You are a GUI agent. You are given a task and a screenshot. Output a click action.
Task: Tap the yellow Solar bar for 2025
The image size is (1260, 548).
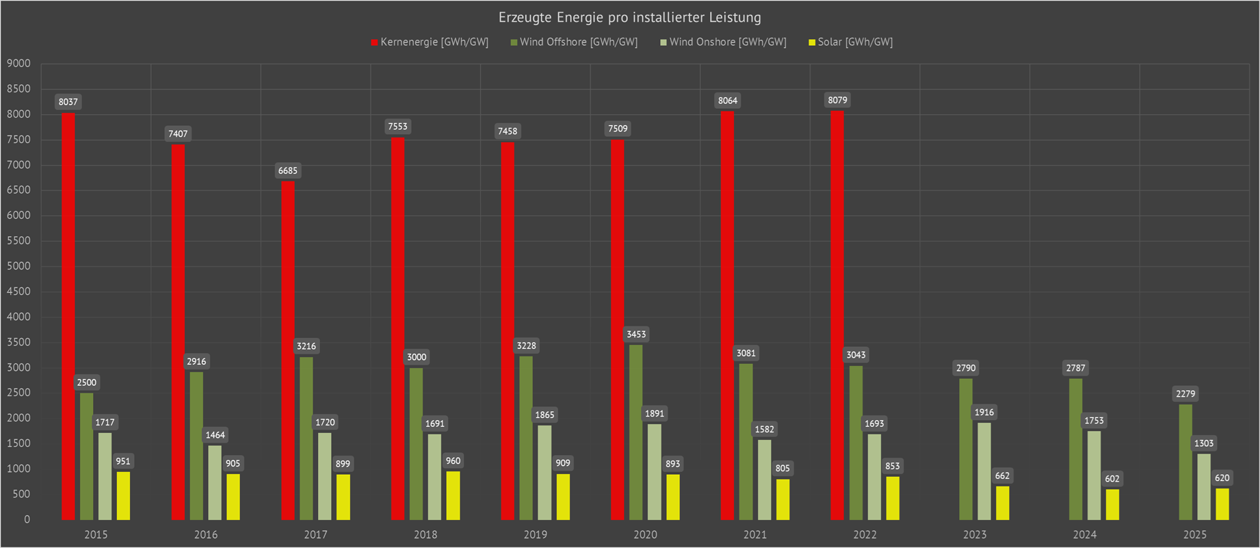pos(1222,504)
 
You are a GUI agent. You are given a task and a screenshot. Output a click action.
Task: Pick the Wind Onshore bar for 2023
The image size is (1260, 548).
pos(984,471)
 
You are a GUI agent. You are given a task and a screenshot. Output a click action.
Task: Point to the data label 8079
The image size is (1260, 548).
pos(837,101)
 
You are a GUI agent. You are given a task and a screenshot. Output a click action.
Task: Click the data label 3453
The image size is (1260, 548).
pos(636,335)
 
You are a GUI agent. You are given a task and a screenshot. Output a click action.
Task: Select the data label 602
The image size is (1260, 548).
pos(1112,479)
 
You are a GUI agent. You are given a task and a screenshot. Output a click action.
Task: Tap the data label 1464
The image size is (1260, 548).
pos(215,435)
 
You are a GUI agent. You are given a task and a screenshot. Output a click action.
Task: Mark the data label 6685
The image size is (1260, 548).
pos(288,171)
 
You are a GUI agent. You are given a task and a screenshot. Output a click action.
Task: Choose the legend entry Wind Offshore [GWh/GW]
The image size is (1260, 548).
pos(578,42)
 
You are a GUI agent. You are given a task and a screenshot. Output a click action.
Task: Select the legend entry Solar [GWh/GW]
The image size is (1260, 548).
pos(854,42)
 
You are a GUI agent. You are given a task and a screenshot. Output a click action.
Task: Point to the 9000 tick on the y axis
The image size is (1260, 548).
pos(19,64)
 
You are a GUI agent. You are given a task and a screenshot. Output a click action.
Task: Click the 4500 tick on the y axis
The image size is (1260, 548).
pos(19,291)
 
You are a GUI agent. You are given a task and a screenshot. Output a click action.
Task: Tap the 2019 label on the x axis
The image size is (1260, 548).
pos(535,535)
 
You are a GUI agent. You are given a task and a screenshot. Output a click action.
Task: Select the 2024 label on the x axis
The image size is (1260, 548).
pos(1084,535)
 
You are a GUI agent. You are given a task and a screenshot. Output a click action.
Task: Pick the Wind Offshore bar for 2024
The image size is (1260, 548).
pos(1075,449)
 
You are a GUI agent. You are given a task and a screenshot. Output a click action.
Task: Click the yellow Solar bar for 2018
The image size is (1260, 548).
pos(453,495)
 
